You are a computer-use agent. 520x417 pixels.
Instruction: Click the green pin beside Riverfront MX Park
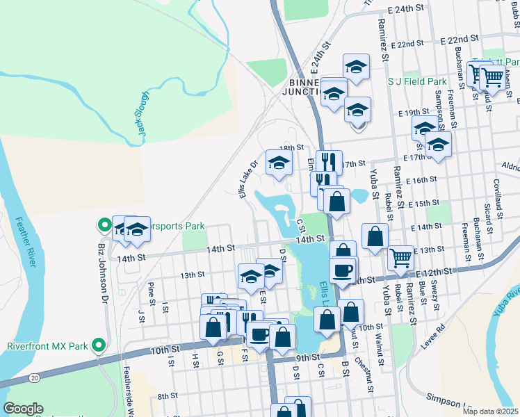click(99, 345)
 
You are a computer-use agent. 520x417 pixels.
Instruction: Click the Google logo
click(23, 409)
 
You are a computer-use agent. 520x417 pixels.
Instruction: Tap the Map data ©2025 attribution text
click(489, 411)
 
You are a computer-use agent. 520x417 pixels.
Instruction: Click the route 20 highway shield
click(34, 377)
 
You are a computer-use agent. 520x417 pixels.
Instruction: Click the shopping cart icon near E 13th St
click(400, 257)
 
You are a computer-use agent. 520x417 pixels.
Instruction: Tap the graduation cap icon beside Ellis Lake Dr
click(279, 163)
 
